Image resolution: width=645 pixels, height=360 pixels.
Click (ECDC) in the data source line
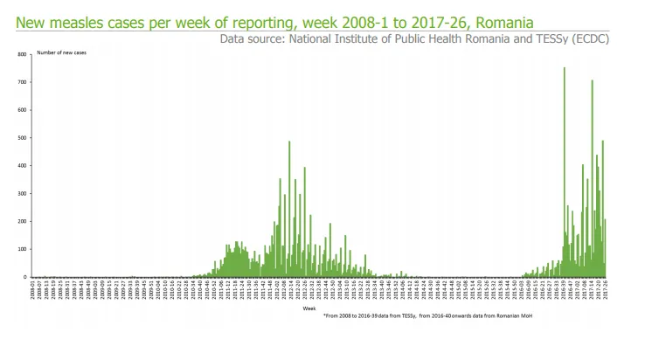(589, 39)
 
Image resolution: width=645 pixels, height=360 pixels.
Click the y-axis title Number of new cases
(62, 53)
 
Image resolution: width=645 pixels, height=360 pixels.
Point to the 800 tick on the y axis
(23, 55)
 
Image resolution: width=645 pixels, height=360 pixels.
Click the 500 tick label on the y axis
(23, 138)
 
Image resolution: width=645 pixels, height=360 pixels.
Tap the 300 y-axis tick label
(23, 194)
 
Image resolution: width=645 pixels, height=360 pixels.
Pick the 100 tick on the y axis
(23, 249)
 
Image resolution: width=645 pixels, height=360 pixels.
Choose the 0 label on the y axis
(26, 277)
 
